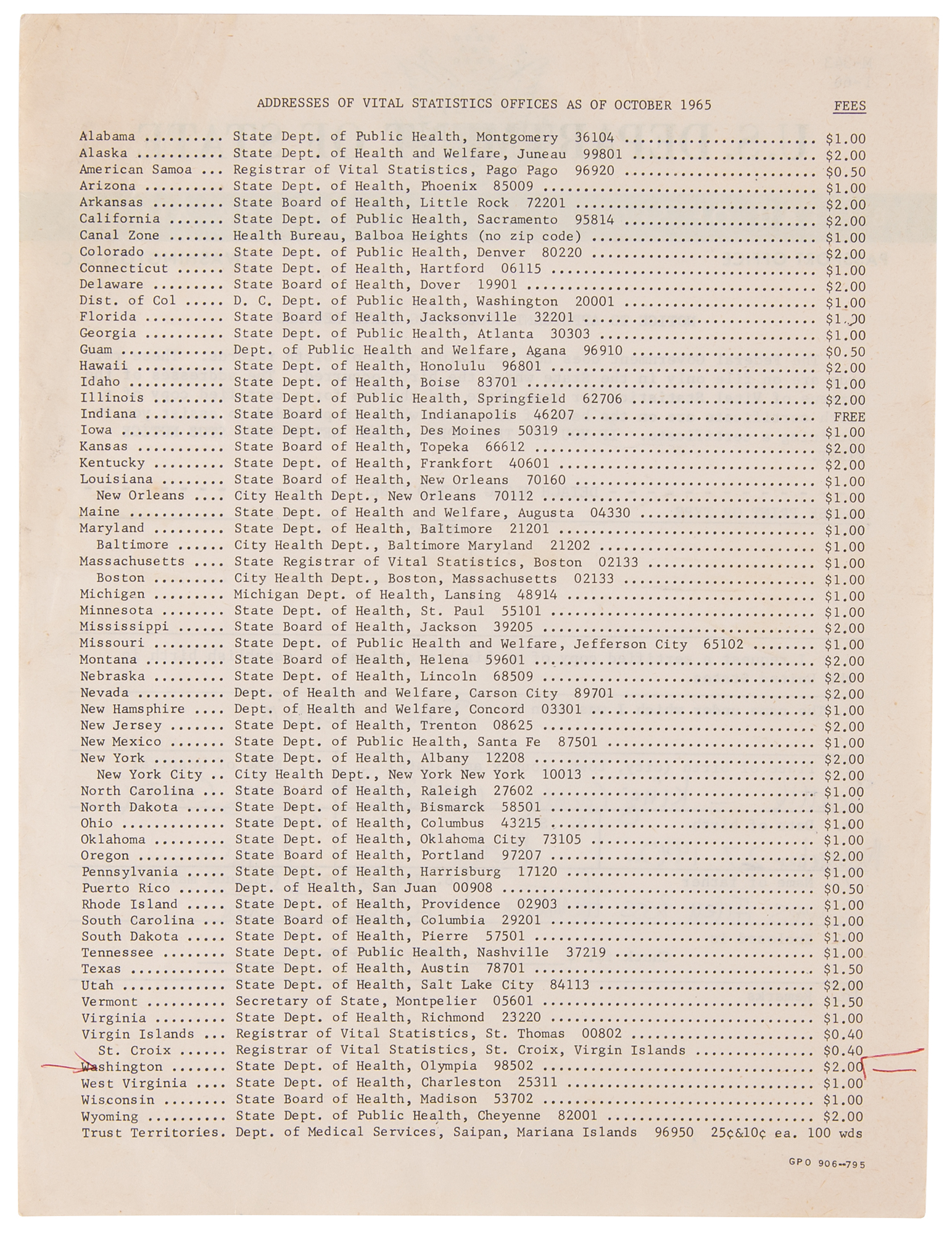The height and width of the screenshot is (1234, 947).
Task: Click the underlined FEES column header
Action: pyautogui.click(x=850, y=106)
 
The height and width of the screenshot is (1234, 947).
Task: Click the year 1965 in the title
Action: pyautogui.click(x=696, y=105)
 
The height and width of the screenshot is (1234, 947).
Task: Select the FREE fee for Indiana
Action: pyautogui.click(x=849, y=416)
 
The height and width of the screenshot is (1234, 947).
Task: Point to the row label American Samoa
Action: pyautogui.click(x=135, y=170)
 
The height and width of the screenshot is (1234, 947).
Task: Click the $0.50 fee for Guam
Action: pyautogui.click(x=845, y=352)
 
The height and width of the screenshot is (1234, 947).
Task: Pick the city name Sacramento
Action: pyautogui.click(x=517, y=220)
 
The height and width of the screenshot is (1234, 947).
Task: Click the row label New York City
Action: pyautogui.click(x=149, y=775)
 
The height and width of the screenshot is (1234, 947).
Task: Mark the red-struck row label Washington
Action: pyautogui.click(x=122, y=1067)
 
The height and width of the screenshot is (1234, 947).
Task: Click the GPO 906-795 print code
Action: pyautogui.click(x=827, y=1164)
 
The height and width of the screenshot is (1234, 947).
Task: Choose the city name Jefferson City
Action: pyautogui.click(x=630, y=644)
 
